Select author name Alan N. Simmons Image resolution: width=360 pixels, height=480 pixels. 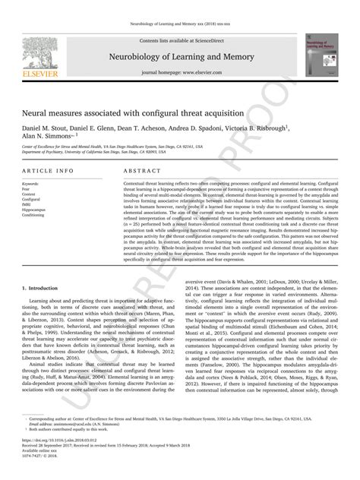pos(50,137)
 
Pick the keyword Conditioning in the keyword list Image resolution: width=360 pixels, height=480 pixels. pos(34,214)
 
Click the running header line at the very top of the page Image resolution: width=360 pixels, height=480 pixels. pos(180,25)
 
